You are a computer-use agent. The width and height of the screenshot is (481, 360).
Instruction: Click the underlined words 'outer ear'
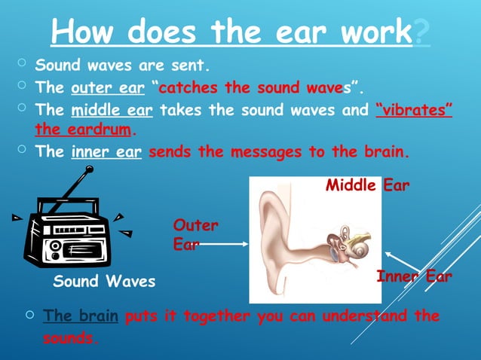tap(107, 87)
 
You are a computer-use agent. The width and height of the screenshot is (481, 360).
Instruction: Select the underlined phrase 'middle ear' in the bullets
tap(112, 111)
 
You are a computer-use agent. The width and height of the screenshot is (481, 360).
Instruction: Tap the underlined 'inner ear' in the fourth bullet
tap(107, 151)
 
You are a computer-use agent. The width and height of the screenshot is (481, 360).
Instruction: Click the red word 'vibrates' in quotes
tap(414, 111)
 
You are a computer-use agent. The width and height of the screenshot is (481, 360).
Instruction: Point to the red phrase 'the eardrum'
tap(83, 129)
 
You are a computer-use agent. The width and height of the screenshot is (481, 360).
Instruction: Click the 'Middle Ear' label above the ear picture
tap(367, 185)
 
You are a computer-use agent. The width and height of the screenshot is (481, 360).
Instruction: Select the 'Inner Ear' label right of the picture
tap(414, 277)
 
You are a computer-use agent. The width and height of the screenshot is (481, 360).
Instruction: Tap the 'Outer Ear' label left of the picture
tap(195, 234)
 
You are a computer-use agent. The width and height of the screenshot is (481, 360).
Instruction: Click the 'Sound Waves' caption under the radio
tap(104, 282)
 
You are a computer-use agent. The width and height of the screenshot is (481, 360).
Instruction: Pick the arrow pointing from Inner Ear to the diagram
tap(397, 261)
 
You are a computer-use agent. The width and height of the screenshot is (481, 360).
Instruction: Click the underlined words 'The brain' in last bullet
tap(81, 316)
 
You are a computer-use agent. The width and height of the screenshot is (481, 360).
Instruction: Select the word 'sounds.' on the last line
tap(70, 338)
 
